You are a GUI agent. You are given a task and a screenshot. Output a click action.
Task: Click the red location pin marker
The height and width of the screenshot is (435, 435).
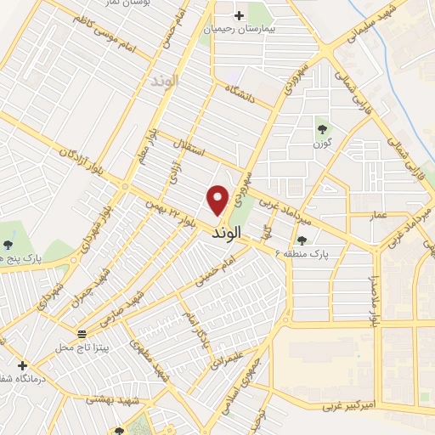click(x=218, y=199)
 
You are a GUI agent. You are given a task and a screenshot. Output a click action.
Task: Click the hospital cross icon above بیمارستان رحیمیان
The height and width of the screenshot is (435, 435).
click(x=239, y=15)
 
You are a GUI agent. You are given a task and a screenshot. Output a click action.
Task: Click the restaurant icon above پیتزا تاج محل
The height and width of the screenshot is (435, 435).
click(x=82, y=333)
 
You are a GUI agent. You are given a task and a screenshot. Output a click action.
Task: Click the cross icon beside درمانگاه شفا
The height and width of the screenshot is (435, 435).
click(x=22, y=365)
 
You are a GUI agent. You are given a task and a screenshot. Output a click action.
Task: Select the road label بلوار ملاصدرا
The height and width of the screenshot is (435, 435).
click(x=371, y=301)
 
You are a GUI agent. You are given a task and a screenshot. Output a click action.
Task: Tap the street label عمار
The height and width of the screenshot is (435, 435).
click(x=379, y=215)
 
